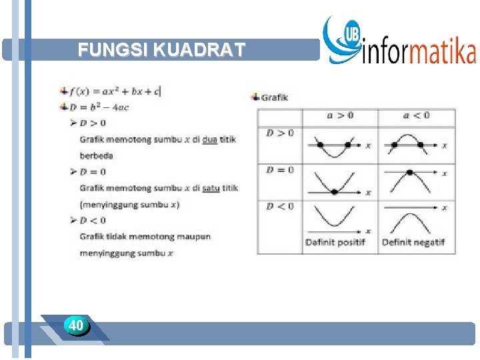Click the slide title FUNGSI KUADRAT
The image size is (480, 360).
coord(161,50)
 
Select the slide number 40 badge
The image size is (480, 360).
coord(76,325)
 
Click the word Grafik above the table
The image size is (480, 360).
coord(274,97)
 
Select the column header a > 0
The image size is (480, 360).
coord(340,115)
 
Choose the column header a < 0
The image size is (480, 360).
coord(417,115)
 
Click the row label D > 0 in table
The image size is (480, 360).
coord(280,133)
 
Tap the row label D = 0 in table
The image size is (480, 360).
coord(280,170)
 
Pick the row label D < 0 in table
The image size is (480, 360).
coord(280,206)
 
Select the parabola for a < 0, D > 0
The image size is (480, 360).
coord(408,141)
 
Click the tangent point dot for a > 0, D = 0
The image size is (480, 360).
coord(334,192)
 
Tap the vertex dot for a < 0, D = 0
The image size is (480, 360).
coord(409,173)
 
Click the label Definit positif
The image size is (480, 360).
coord(335,242)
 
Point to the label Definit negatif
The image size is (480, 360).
coord(413,242)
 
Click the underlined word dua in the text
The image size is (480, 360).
coord(210,139)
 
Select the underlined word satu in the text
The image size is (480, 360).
coord(211,188)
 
